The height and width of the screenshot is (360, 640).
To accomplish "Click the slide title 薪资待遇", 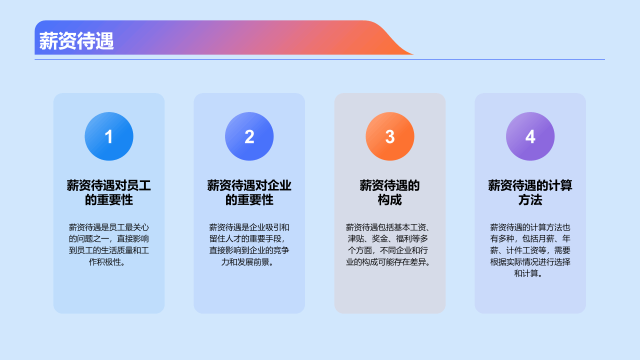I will (x=76, y=41).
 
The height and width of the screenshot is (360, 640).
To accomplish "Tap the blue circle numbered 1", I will (x=109, y=136).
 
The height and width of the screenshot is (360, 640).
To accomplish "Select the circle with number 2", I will (x=249, y=136).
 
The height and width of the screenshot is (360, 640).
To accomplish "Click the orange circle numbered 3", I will (x=390, y=136).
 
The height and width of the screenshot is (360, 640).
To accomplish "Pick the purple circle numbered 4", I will (x=530, y=136).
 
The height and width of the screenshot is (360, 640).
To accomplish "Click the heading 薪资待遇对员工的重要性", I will (x=109, y=192).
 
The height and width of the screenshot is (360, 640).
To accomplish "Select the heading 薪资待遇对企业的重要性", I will (x=249, y=192).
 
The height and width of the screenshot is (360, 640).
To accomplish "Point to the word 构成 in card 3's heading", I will (x=390, y=200).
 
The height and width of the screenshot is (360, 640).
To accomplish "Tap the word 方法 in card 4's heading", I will (x=530, y=200).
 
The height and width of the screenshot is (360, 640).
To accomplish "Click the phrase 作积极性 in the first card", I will (x=104, y=262).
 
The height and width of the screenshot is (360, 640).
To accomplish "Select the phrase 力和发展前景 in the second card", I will (x=245, y=262).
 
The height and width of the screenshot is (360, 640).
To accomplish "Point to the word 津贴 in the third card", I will (x=356, y=238).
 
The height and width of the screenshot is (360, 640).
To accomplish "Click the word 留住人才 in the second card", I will (x=225, y=238).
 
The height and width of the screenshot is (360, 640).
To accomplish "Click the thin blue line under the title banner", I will (x=320, y=59).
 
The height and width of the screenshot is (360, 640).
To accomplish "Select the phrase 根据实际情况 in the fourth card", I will (x=514, y=262).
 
